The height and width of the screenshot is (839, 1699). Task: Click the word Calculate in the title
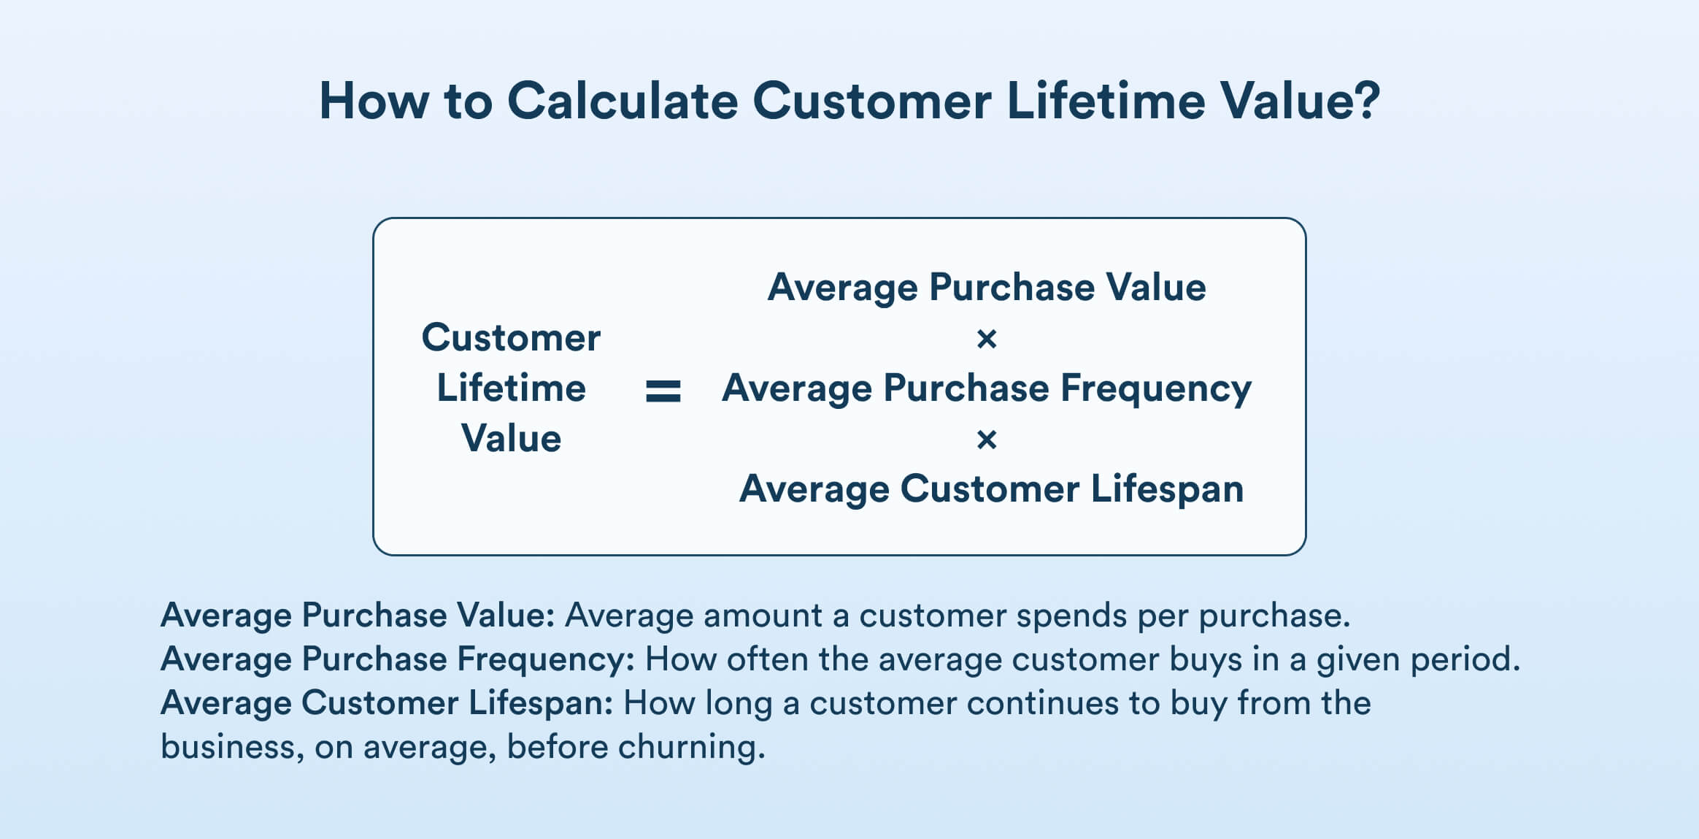click(x=623, y=101)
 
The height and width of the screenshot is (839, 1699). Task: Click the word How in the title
click(x=374, y=101)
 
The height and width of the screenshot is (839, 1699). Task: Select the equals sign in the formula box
click(x=663, y=391)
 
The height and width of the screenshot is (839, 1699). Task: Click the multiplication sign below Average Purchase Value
click(x=986, y=339)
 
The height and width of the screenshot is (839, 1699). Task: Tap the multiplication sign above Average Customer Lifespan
click(x=986, y=440)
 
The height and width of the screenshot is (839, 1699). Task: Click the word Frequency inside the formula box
click(x=1155, y=388)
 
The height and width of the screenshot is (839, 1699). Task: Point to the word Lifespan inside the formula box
click(x=1167, y=489)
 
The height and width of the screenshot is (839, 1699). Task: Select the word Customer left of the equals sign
click(x=511, y=338)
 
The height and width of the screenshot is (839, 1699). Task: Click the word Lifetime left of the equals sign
click(x=511, y=388)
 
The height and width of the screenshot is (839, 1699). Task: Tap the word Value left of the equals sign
click(x=511, y=439)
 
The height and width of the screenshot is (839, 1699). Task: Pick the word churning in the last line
click(x=690, y=747)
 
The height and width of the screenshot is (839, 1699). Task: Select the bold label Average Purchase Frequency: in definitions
click(x=398, y=659)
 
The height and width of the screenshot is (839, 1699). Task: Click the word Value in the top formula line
click(x=1155, y=287)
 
